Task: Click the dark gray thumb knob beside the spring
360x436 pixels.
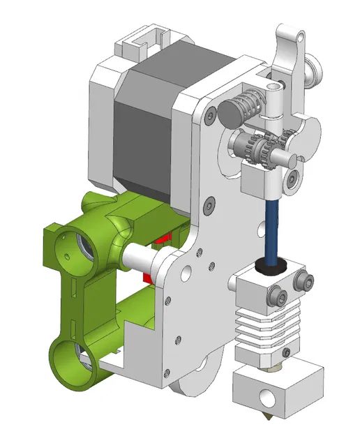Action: pyautogui.click(x=230, y=110)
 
